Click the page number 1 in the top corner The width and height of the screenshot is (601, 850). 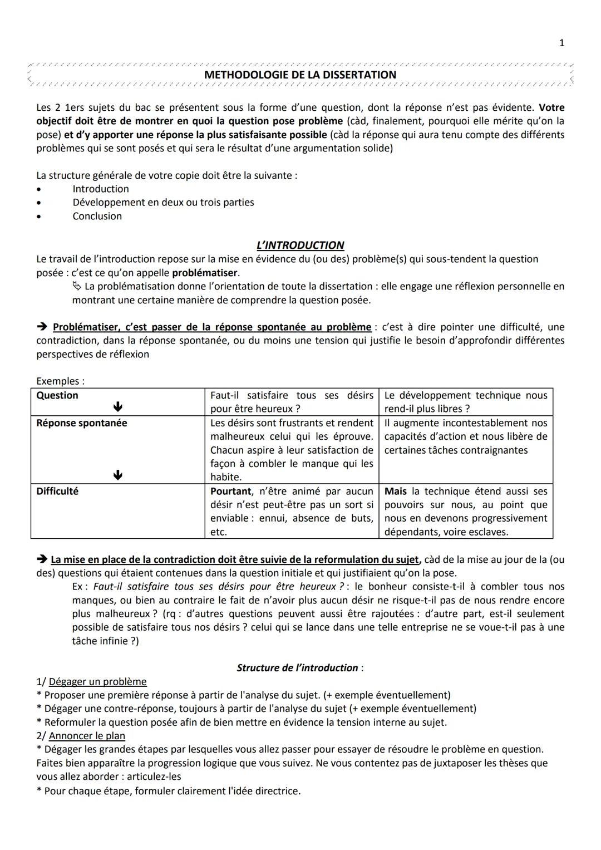point(561,43)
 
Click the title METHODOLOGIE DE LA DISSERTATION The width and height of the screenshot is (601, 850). point(300,75)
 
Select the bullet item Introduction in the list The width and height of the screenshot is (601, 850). point(101,189)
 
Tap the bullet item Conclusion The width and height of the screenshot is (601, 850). point(97,216)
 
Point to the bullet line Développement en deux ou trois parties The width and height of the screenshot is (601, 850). point(163,203)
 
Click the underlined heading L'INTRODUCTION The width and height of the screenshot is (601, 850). point(300,245)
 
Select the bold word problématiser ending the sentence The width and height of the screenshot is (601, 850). point(205,273)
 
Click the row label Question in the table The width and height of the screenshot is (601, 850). point(57,395)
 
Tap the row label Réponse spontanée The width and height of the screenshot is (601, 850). point(81,423)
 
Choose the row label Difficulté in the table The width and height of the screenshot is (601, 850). point(57,491)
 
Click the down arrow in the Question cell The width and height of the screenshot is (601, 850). point(117,407)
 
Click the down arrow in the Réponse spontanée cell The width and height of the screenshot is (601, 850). point(117,475)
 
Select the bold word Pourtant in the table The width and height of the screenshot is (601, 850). point(230,491)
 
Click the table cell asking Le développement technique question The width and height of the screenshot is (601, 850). point(465,402)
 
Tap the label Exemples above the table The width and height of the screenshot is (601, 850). point(60,381)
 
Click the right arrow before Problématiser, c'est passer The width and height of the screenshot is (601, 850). point(42,327)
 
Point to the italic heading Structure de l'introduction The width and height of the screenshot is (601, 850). point(298,668)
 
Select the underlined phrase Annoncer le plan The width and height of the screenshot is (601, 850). point(87,736)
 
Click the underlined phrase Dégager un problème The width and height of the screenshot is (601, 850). point(98,682)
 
